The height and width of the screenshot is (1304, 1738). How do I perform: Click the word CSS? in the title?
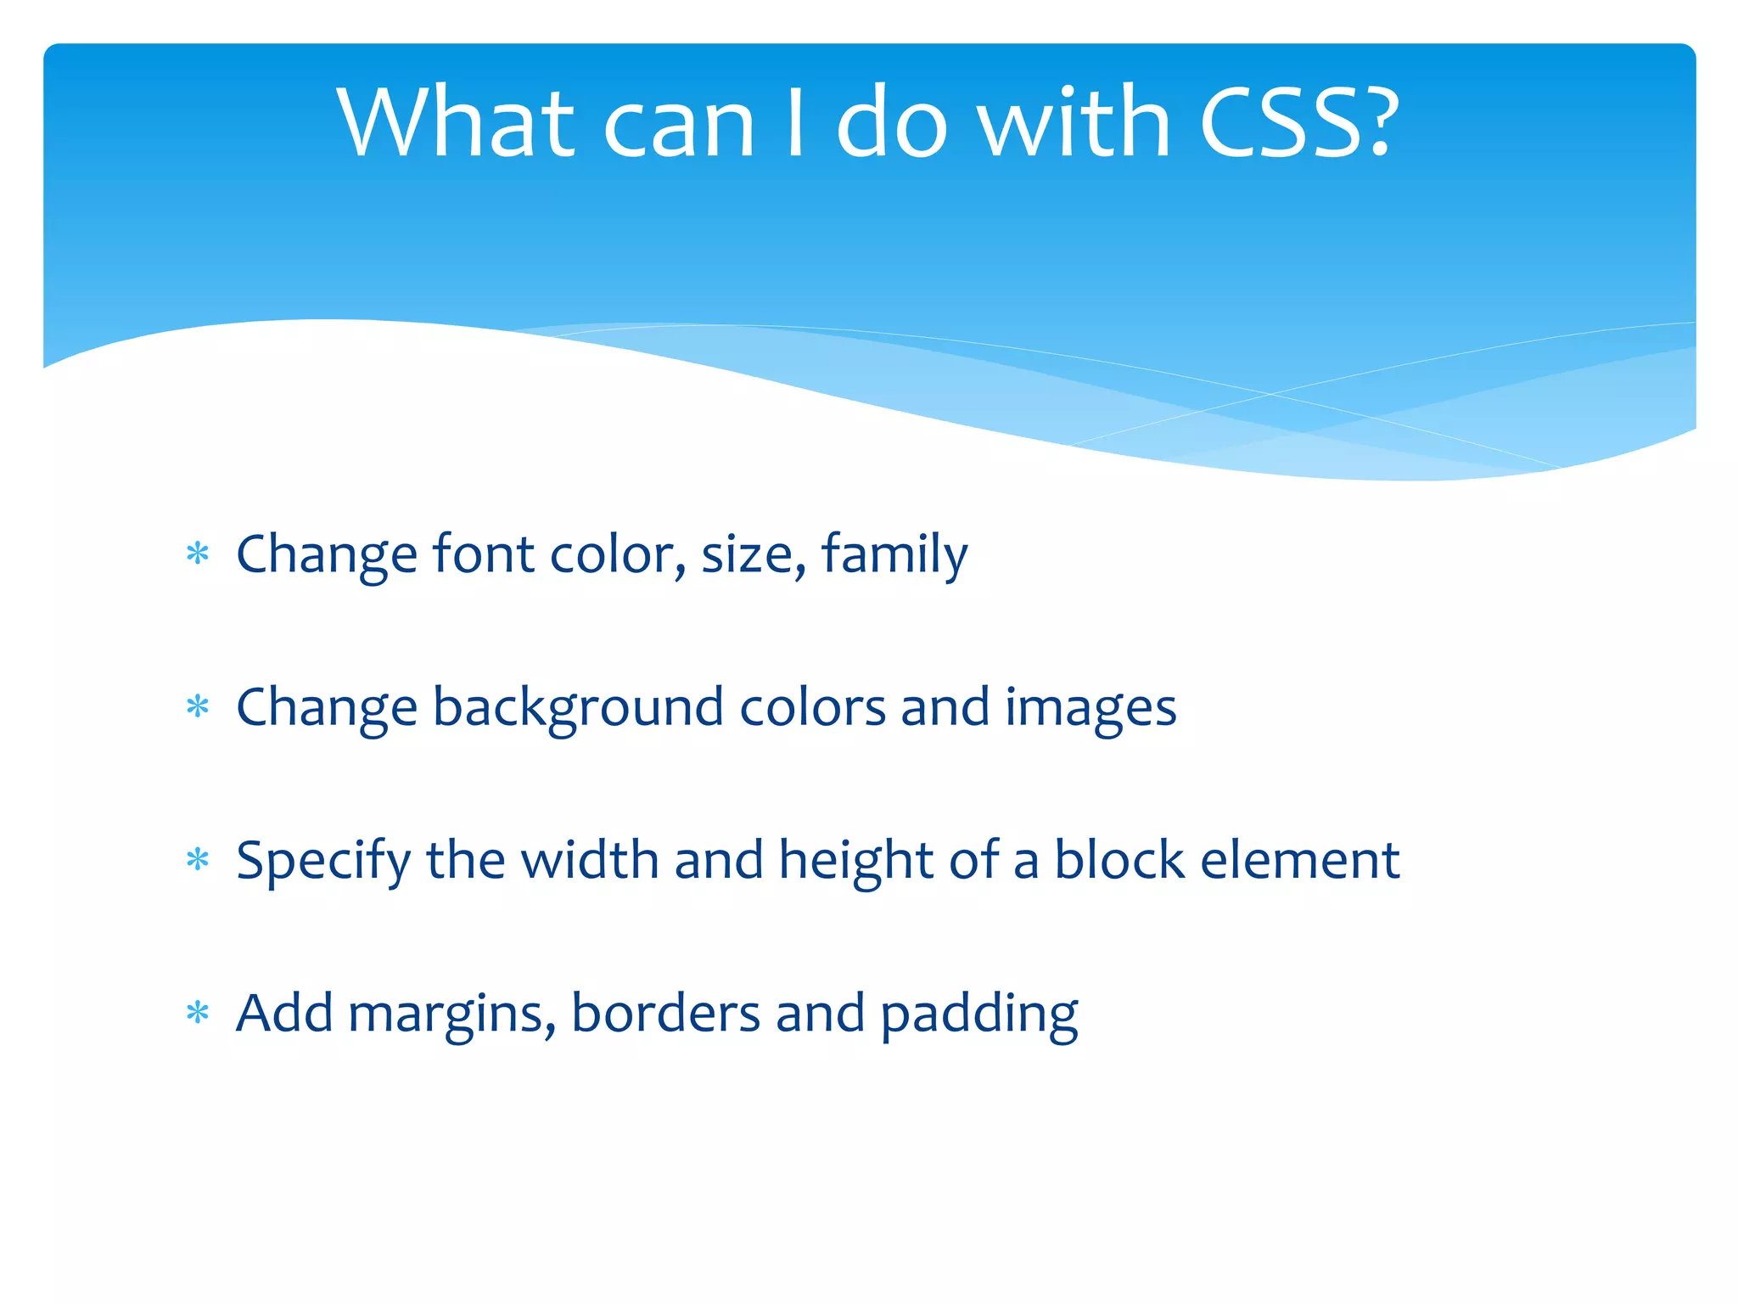(x=1298, y=123)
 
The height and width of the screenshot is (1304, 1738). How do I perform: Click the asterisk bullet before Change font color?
(x=198, y=554)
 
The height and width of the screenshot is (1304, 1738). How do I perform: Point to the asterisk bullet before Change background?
(x=198, y=707)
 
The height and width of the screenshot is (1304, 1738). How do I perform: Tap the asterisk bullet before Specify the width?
(x=198, y=860)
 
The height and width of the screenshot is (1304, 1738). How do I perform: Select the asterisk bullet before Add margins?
(x=198, y=1013)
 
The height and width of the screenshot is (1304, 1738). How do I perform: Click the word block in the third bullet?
(x=1118, y=860)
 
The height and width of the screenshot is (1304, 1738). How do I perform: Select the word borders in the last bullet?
(x=665, y=1013)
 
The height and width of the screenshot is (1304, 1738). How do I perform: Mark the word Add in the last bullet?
(x=284, y=1013)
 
